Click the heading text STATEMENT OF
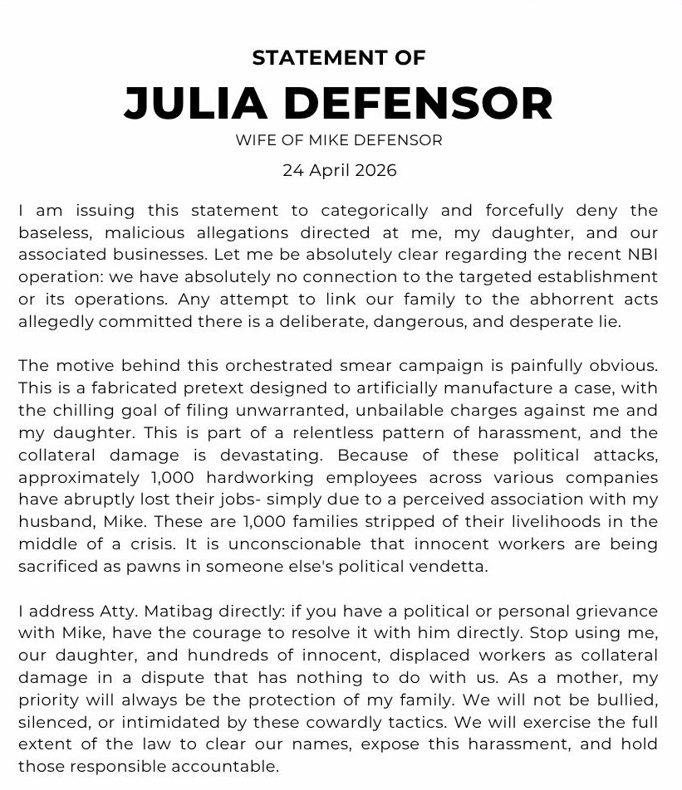coord(339,58)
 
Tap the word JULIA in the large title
coord(195,104)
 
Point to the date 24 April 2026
coord(339,171)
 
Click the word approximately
coord(80,478)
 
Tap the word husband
coord(49,523)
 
